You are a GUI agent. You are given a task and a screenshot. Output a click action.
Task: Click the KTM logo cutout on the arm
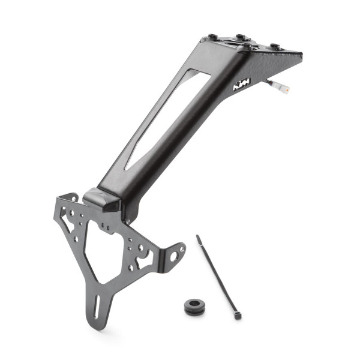pyautogui.click(x=242, y=85)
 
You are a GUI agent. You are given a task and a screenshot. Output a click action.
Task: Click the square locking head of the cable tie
pyautogui.click(x=237, y=314)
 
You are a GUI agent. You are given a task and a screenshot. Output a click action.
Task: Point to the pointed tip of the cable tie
pyautogui.click(x=198, y=237)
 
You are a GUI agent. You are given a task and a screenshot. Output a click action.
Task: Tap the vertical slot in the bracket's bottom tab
pyautogui.click(x=96, y=305)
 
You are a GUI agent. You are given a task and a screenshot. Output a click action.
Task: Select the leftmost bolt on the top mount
pyautogui.click(x=213, y=37)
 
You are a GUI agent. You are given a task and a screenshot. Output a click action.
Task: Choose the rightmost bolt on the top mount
pyautogui.click(x=274, y=46)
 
